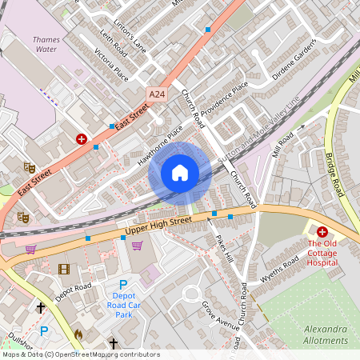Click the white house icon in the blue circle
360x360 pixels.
click(x=180, y=172)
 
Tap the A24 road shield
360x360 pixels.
click(x=157, y=94)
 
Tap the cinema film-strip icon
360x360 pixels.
click(x=64, y=269)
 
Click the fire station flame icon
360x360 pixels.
click(x=78, y=334)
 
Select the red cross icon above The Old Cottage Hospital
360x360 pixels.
click(x=322, y=230)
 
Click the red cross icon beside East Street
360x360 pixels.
click(x=82, y=138)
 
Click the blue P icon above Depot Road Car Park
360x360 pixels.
click(x=123, y=286)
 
